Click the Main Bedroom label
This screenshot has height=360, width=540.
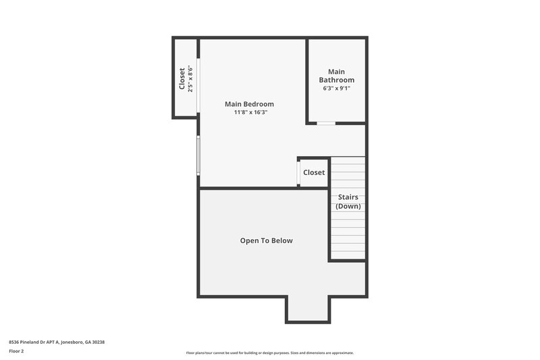click(249, 104)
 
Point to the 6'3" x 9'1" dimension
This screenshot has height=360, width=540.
click(336, 88)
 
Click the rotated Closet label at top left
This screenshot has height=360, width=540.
click(182, 78)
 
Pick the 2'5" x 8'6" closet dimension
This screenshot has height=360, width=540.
click(191, 78)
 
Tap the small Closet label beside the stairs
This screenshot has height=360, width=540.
click(314, 172)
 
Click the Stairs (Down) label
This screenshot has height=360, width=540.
click(348, 201)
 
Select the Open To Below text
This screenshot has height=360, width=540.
click(267, 240)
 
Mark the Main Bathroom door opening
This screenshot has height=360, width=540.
click(326, 124)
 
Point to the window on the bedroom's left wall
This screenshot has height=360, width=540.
click(198, 155)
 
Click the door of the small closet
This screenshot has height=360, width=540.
click(298, 173)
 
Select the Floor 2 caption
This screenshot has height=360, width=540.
click(16, 351)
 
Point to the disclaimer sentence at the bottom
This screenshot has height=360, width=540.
click(269, 353)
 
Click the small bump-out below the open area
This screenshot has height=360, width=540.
click(308, 309)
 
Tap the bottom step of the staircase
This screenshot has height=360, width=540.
click(348, 255)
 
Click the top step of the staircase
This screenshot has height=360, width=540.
click(348, 161)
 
